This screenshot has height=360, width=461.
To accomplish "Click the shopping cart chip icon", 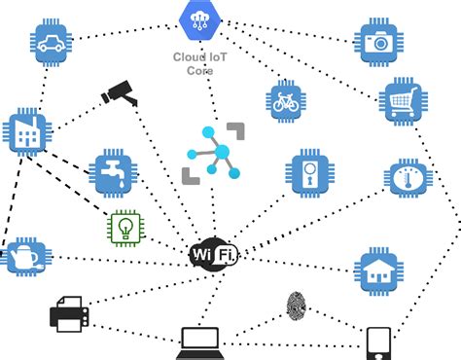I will click(403, 100).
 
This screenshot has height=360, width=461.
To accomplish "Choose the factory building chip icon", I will click(26, 132).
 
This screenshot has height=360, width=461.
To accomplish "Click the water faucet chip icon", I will click(112, 172).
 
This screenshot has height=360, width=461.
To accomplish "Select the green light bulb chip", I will click(124, 228).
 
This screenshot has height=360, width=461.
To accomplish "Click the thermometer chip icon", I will click(408, 180).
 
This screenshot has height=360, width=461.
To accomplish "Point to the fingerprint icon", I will click(297, 306).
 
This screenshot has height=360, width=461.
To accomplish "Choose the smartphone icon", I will click(378, 343).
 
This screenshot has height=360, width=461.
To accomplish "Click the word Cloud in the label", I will click(189, 55).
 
